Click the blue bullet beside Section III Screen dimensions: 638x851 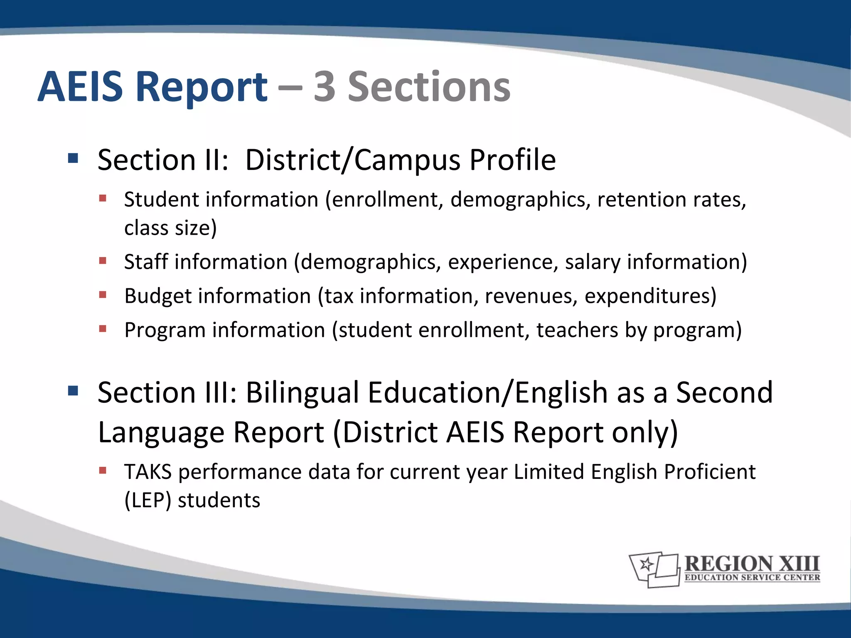(73, 391)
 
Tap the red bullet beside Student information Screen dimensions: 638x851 (103, 198)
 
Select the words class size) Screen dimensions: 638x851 (170, 228)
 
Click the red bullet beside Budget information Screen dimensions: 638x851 (103, 294)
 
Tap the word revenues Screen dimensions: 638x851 (531, 296)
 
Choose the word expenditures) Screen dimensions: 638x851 (651, 296)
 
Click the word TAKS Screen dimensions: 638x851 (148, 472)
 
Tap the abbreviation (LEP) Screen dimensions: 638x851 (148, 500)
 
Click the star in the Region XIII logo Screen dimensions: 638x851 (647, 564)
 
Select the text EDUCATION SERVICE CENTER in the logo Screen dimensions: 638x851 (752, 577)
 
